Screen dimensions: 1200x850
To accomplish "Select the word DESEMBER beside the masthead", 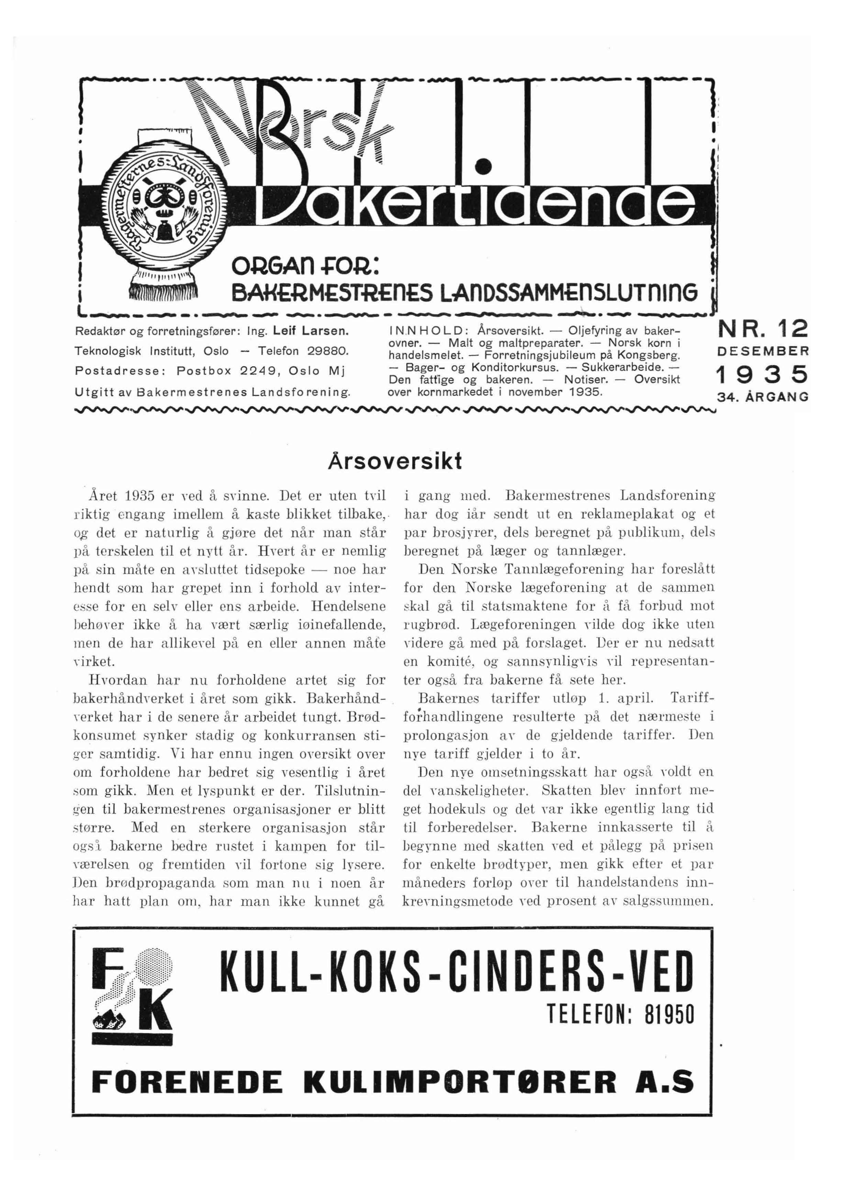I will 763,352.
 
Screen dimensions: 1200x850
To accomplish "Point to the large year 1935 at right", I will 762,375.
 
